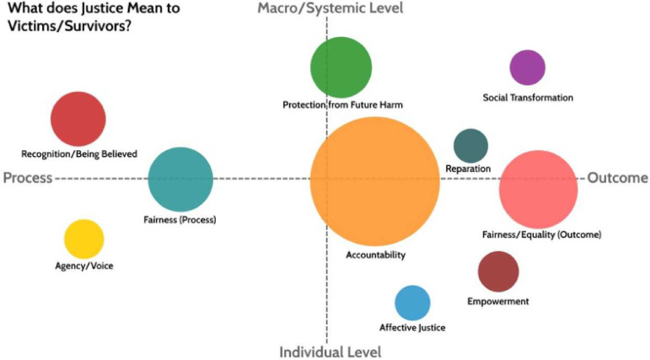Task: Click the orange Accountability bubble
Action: [x=375, y=181]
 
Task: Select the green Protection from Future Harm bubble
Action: [x=341, y=67]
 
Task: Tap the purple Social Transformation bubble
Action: [x=527, y=67]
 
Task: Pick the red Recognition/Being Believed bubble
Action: [x=78, y=119]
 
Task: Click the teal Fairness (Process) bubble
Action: [x=180, y=180]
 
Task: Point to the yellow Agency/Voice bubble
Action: [x=83, y=239]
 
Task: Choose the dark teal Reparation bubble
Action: [x=471, y=146]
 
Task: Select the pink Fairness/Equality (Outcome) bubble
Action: [x=539, y=190]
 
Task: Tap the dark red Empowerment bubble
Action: [x=498, y=271]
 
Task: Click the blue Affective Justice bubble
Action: [x=412, y=303]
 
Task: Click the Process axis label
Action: [x=28, y=178]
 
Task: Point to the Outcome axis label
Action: [x=618, y=178]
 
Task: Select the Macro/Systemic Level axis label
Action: [x=330, y=8]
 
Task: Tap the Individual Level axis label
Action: [x=330, y=352]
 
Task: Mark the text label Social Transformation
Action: [x=528, y=98]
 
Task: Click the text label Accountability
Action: [x=375, y=255]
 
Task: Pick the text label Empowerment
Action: [x=498, y=302]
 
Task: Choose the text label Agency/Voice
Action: [x=84, y=266]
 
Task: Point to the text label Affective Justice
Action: [x=412, y=328]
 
